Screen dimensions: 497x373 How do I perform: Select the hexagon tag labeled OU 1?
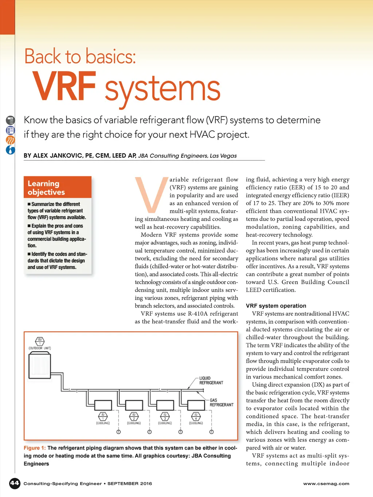pos(40,342)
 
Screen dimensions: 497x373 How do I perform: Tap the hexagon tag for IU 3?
pos(165,416)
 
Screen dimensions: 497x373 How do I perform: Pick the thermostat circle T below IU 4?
pos(211,432)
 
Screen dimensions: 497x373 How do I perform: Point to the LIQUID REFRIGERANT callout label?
pos(211,380)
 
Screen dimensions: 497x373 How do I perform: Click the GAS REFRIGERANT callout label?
pos(221,402)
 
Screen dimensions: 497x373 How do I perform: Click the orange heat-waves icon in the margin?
pos(11,140)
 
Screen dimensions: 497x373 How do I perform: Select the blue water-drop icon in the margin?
pos(11,150)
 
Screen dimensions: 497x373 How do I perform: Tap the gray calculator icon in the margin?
pos(11,120)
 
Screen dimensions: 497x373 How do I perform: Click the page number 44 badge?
pos(15,483)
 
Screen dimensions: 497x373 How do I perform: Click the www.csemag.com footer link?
pos(326,484)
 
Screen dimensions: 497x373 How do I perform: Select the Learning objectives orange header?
pos(58,188)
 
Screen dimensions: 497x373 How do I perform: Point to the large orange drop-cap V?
pos(150,194)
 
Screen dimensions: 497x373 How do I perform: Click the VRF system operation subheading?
pos(276,306)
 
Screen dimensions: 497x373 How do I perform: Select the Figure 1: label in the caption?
pos(35,448)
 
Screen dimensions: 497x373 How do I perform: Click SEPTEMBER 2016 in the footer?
pos(129,484)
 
